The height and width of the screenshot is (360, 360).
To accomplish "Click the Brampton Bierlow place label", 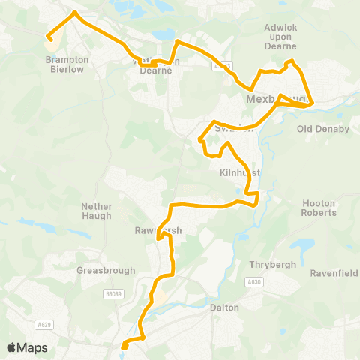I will (67, 64).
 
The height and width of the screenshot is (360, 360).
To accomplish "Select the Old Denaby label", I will (323, 129).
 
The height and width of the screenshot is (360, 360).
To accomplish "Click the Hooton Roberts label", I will (318, 208).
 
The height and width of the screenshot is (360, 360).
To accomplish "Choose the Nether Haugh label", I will (96, 211).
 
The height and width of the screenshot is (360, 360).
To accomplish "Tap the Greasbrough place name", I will (95, 270).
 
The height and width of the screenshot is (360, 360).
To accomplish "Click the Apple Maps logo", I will (27, 347).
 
